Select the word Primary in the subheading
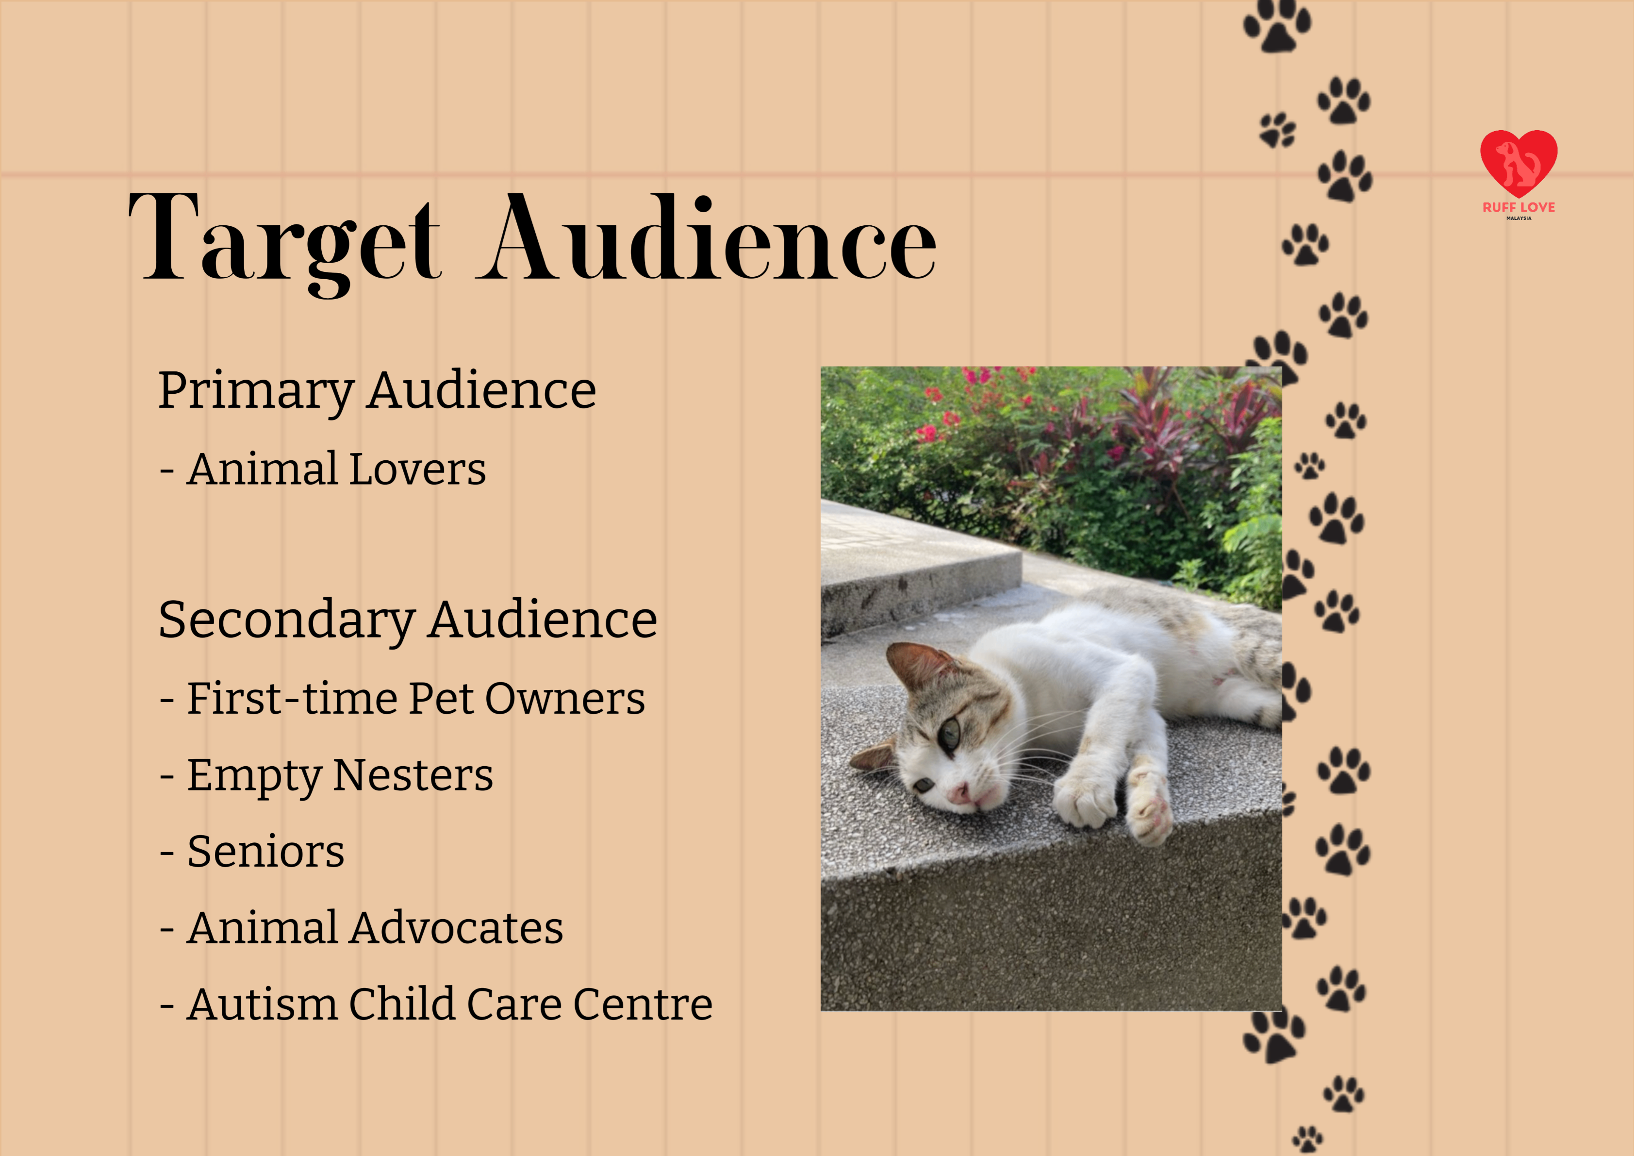click(x=256, y=391)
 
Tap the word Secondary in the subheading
click(x=287, y=620)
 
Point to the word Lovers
click(x=418, y=470)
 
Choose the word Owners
click(x=565, y=699)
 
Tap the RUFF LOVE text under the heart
click(x=1518, y=207)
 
